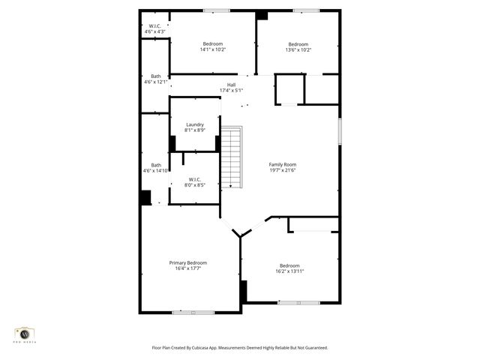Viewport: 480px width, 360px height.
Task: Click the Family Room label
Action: (283, 164)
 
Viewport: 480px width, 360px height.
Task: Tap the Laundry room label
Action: (195, 124)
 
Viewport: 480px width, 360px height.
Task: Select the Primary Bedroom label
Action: (187, 262)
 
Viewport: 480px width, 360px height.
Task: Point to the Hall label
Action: (231, 85)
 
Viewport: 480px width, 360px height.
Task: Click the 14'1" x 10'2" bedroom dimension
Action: (213, 50)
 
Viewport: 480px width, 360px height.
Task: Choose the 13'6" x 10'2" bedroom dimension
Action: (298, 50)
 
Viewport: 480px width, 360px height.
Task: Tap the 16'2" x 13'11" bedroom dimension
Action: (289, 271)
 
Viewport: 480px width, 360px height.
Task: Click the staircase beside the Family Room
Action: (233, 157)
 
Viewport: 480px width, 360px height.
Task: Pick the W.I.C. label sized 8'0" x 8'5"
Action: (195, 184)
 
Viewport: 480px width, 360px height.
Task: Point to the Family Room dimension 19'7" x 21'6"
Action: (283, 170)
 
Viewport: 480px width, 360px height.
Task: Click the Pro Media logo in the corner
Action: (25, 333)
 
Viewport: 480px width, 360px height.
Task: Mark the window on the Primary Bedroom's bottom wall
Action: (193, 312)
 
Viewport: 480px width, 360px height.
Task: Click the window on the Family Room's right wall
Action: (340, 131)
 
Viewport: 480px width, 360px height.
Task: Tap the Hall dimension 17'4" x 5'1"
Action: (231, 91)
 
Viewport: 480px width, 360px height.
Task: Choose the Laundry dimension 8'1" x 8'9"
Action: (195, 130)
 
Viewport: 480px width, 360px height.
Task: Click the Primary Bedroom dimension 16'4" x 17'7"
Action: (187, 268)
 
